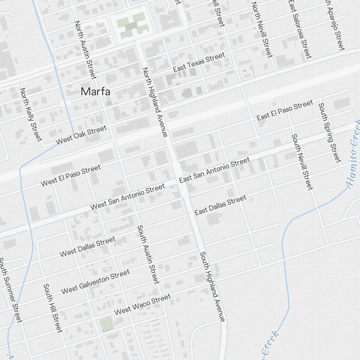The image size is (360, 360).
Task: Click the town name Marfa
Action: [x=95, y=91]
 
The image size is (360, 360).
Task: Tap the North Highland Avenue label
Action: [x=155, y=102]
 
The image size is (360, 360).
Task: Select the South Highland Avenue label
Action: [x=213, y=287]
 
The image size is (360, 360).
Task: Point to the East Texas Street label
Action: [x=199, y=62]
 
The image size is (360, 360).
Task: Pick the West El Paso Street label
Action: [x=71, y=176]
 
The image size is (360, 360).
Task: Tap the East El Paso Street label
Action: [x=285, y=111]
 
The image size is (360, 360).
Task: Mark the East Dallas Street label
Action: [x=221, y=205]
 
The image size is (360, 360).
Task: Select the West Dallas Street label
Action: [x=87, y=247]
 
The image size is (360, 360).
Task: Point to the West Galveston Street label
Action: [x=95, y=282]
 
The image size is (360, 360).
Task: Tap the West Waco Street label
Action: [x=142, y=304]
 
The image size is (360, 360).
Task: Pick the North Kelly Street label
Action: [x=31, y=114]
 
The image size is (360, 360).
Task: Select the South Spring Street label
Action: [x=329, y=132]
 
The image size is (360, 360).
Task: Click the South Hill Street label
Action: [x=53, y=308]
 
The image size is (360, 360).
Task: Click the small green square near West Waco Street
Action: [x=107, y=324]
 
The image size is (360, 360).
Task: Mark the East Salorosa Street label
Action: [x=299, y=29]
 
